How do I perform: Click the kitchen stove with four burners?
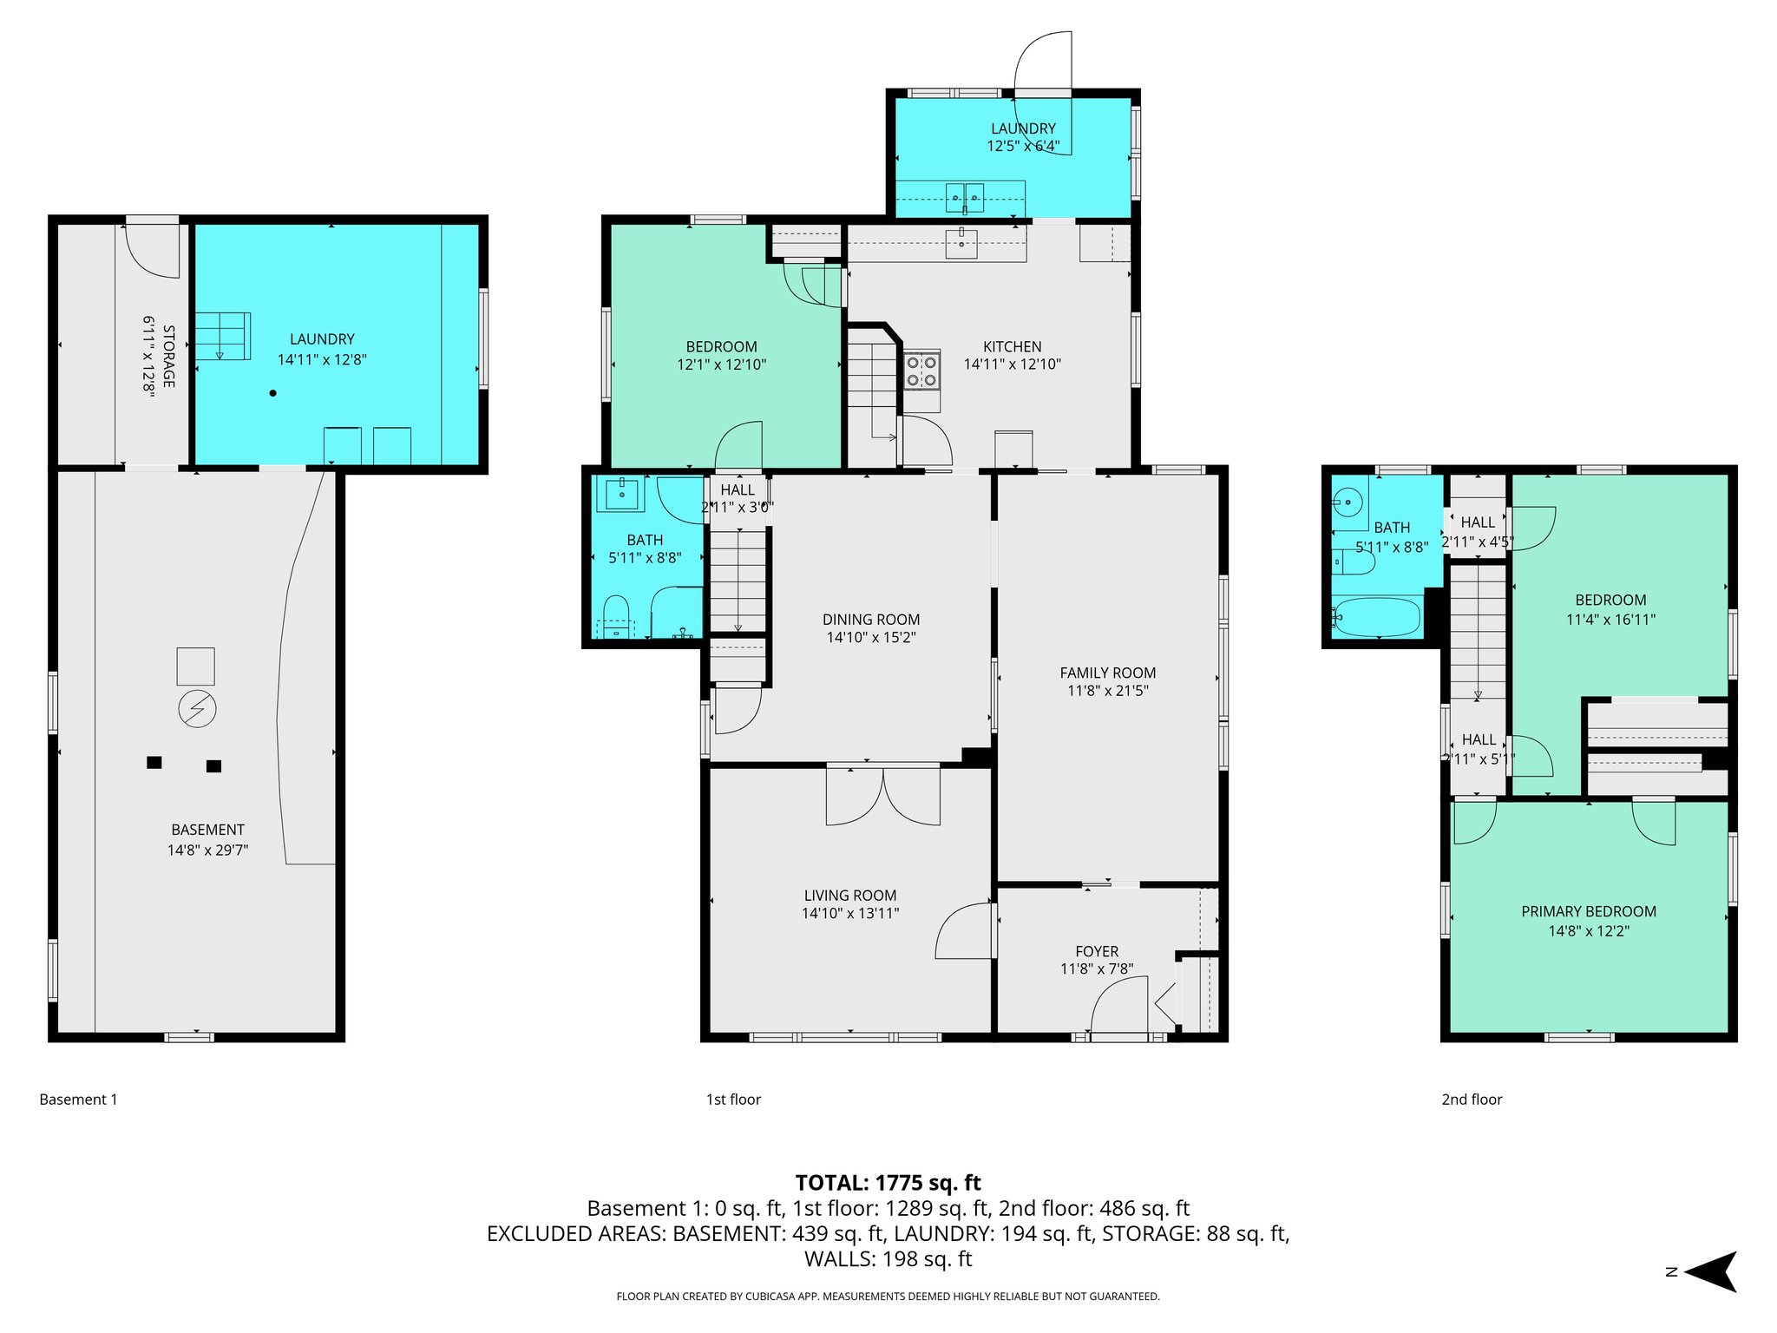click(x=921, y=371)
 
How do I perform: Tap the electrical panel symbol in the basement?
click(x=197, y=709)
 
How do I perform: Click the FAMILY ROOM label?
click(x=1107, y=673)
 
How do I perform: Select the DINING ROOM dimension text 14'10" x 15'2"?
click(x=871, y=638)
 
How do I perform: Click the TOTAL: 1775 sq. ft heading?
click(x=888, y=1183)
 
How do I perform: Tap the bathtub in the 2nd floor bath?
click(x=1377, y=616)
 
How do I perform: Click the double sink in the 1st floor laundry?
click(x=964, y=198)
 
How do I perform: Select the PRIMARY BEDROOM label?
click(x=1588, y=911)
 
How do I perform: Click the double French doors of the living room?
click(x=882, y=795)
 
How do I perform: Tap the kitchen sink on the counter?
click(x=961, y=244)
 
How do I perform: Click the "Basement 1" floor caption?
click(x=78, y=1100)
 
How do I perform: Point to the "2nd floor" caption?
click(x=1472, y=1100)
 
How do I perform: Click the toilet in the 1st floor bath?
click(x=615, y=614)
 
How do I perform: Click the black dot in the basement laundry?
click(x=272, y=393)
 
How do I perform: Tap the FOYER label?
click(x=1096, y=951)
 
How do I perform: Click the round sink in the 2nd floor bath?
click(x=1348, y=502)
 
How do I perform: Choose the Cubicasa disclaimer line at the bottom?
click(x=888, y=1297)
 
